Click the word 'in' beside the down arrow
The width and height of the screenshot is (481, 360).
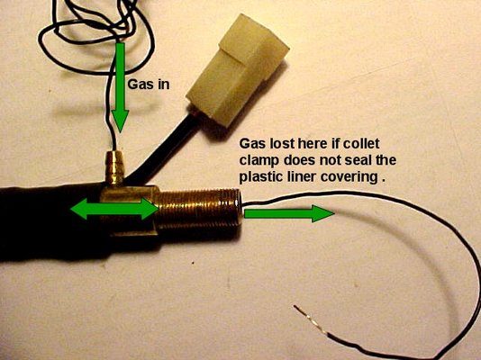pos(164,84)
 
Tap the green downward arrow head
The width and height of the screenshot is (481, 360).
pos(119,121)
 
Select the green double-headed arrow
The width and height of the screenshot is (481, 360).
pos(114,209)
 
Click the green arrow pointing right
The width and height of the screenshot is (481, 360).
pos(289,213)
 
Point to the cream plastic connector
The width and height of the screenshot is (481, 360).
pos(238,70)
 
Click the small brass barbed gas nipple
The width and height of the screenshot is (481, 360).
pos(113,168)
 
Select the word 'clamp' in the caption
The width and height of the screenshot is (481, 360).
pos(259,161)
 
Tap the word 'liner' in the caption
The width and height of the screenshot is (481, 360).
pos(299,177)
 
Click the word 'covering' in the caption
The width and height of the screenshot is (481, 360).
pos(349,178)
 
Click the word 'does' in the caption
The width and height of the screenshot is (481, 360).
pos(297,160)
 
